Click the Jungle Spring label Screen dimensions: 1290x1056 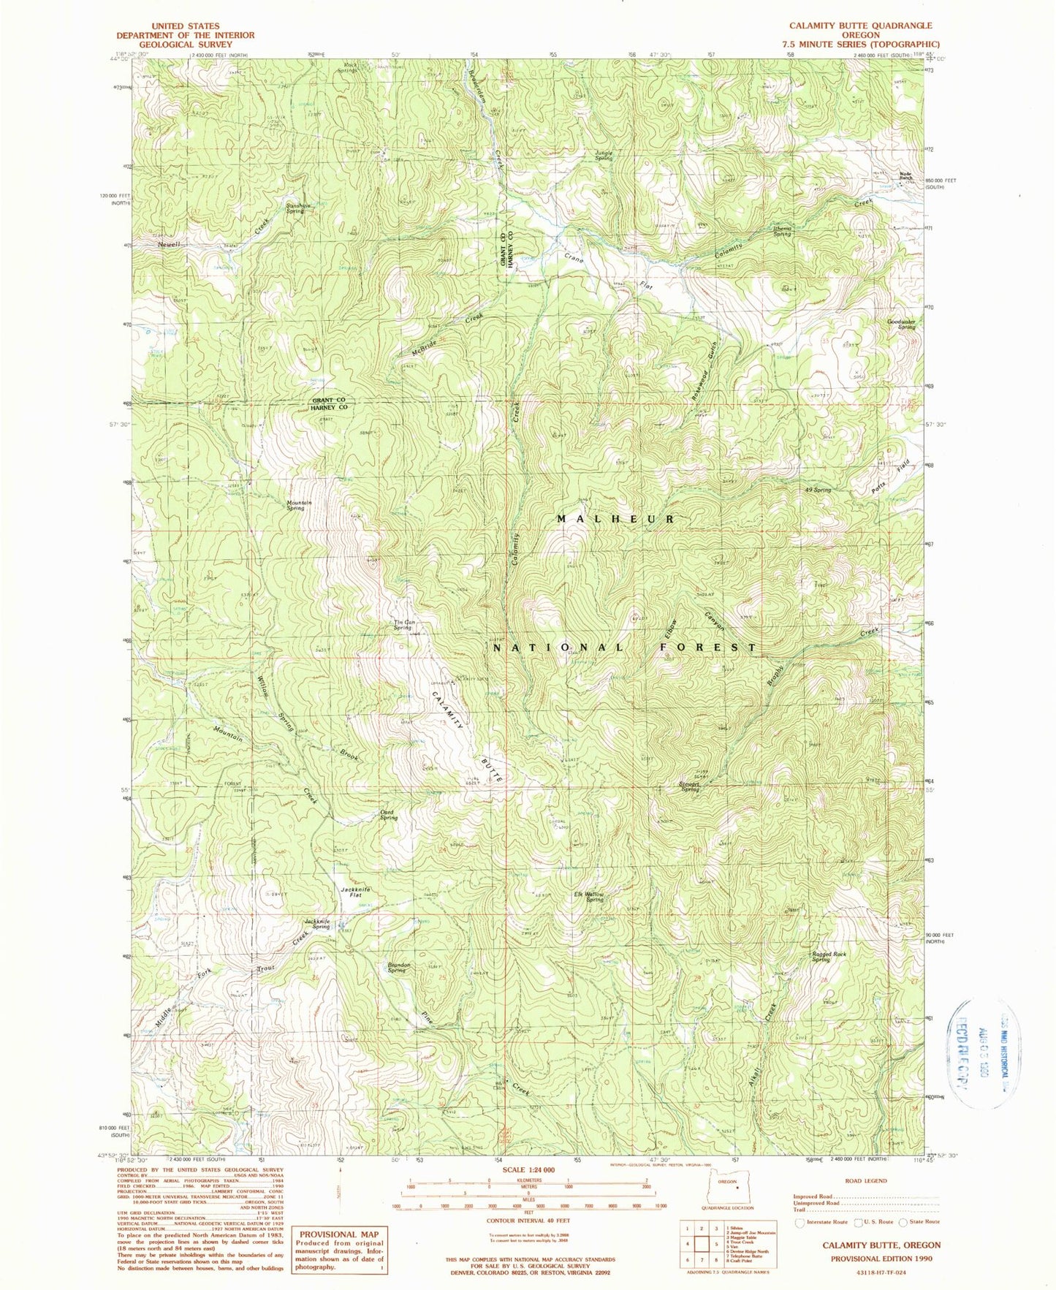604,155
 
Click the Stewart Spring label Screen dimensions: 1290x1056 690,787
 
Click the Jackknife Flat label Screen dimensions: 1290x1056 355,892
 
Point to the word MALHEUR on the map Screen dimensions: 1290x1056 616,518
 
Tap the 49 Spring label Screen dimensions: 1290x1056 818,490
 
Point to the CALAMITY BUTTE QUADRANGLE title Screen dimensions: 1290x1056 860,26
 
